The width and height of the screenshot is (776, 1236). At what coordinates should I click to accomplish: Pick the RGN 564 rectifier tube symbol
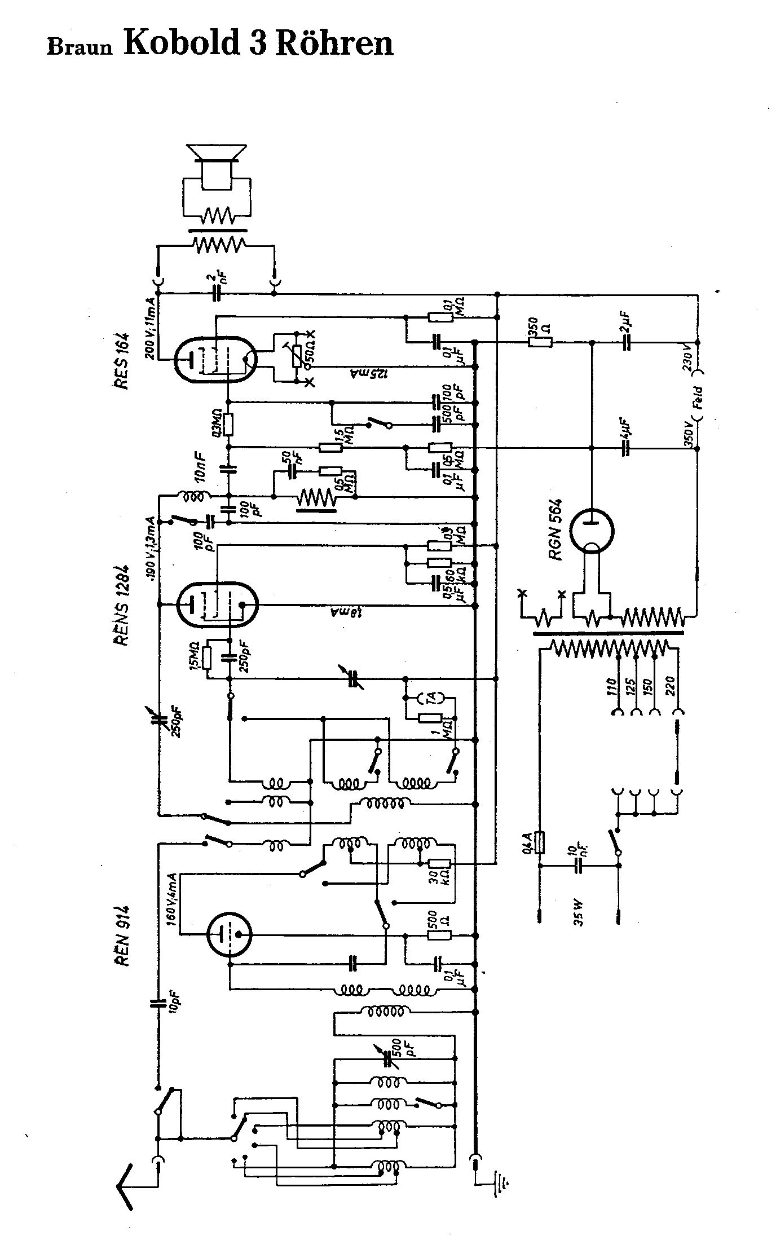click(591, 532)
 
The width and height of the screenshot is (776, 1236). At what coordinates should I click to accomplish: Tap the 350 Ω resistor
click(540, 342)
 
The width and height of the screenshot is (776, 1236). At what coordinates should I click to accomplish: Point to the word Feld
click(698, 397)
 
